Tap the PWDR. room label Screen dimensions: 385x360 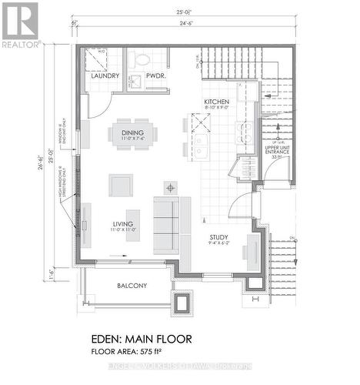tap(142, 76)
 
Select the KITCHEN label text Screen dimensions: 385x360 tap(217, 102)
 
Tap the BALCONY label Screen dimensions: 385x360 tap(132, 285)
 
